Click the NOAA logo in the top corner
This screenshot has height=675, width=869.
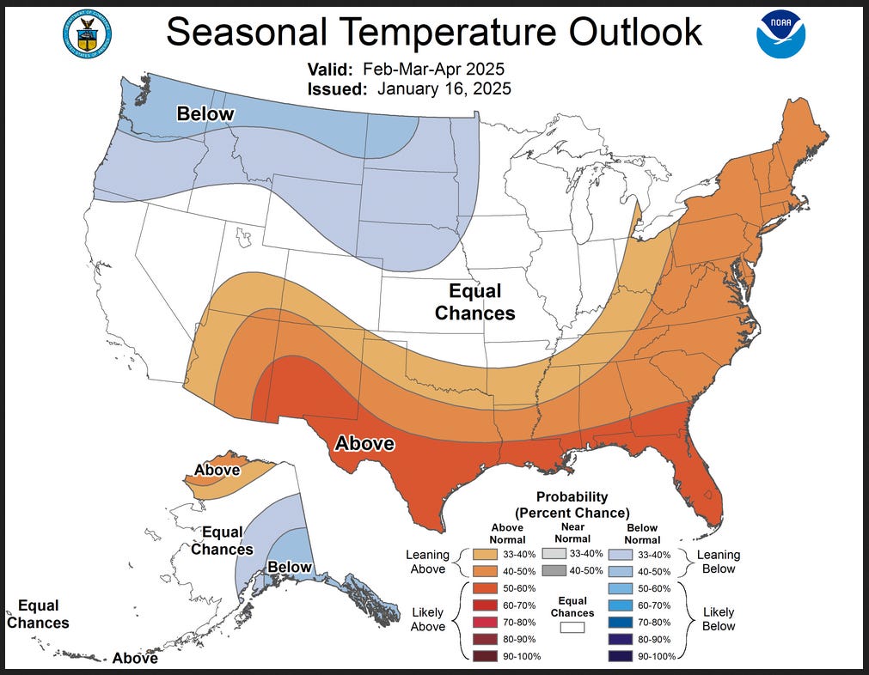click(780, 33)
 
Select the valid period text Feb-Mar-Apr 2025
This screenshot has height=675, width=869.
click(433, 70)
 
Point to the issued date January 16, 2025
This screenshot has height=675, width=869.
click(444, 88)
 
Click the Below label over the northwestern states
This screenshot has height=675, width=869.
click(205, 114)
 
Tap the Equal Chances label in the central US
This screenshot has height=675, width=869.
click(474, 302)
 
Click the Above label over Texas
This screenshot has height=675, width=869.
click(364, 444)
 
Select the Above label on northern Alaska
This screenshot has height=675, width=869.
click(217, 470)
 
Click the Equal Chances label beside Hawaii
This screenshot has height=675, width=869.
click(38, 614)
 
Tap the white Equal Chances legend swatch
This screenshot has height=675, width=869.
click(572, 627)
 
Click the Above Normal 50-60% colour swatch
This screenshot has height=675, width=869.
click(478, 587)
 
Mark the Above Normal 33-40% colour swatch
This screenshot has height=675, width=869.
click(478, 554)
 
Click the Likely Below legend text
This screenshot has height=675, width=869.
click(719, 618)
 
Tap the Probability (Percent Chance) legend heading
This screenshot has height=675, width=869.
click(572, 504)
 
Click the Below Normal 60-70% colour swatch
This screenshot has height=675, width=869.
click(621, 605)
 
